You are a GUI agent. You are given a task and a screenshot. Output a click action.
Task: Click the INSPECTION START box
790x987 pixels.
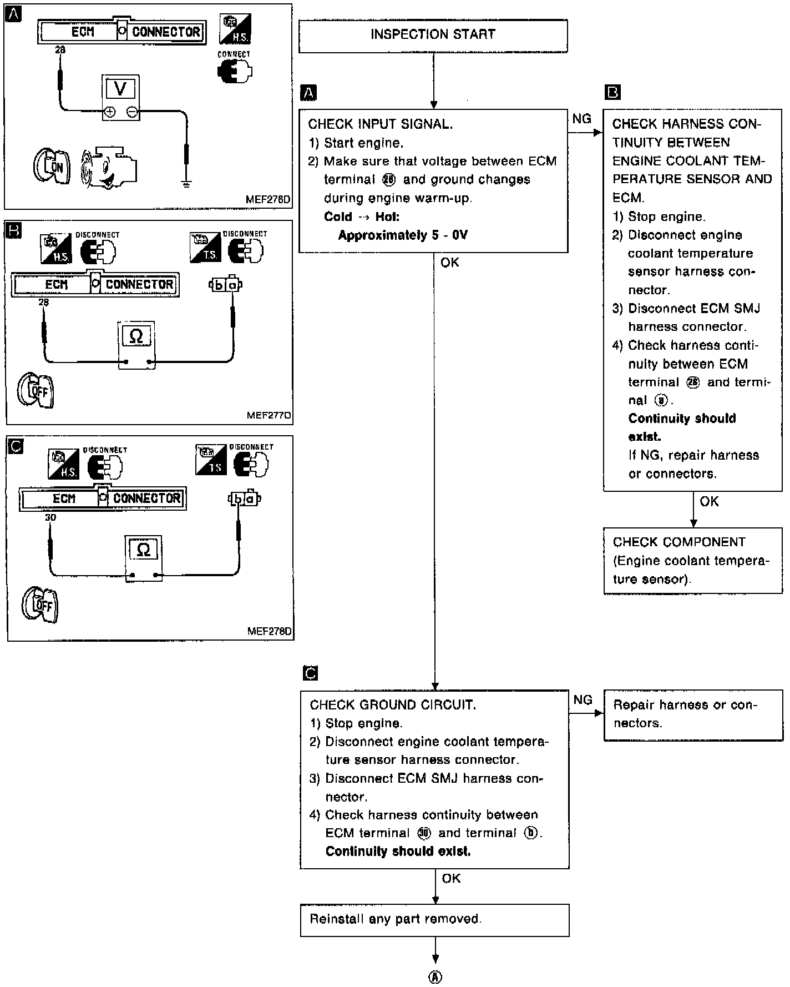433,36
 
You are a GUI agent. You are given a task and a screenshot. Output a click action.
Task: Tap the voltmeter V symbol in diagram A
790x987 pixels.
120,89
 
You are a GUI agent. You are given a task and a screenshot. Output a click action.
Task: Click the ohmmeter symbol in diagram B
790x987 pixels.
136,336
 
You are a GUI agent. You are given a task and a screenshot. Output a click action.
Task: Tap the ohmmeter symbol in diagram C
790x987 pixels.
143,550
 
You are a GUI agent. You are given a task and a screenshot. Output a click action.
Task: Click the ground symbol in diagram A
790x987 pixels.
186,183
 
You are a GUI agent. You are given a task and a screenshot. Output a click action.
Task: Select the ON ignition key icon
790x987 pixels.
52,165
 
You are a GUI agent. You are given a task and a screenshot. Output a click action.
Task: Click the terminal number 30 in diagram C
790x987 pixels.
50,517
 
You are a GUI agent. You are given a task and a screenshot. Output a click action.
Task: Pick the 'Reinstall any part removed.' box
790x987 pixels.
434,920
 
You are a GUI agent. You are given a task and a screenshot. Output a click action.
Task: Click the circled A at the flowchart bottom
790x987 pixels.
435,978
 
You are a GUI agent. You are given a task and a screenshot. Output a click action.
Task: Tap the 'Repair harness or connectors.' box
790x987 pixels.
692,715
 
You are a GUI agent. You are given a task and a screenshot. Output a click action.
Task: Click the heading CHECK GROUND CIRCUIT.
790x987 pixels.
393,705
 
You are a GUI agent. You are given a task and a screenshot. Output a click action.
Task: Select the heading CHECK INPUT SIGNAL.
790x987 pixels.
381,124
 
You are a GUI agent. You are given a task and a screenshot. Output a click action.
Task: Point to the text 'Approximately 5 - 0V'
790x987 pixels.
403,235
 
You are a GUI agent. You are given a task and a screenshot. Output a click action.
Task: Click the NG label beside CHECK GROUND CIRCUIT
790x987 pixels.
583,700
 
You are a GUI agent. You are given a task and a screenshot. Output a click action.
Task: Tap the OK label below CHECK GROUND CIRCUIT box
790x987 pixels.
452,878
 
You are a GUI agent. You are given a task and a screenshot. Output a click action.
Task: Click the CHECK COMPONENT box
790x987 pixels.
692,561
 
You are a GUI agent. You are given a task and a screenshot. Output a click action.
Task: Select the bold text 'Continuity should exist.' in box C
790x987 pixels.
398,852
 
